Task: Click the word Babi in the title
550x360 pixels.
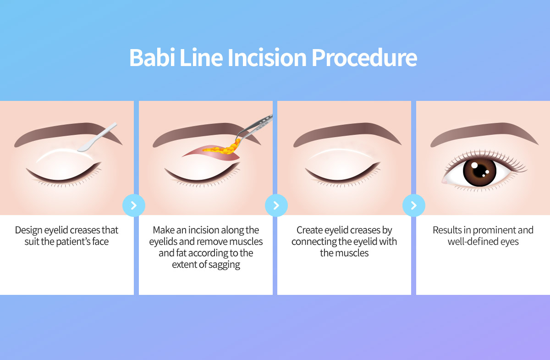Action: [x=152, y=57]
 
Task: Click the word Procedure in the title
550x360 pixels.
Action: [x=364, y=58]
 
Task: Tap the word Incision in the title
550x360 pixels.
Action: [x=267, y=57]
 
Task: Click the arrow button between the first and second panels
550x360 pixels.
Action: [x=134, y=205]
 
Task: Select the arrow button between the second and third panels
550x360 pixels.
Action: [x=276, y=205]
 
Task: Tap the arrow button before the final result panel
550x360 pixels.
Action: [x=414, y=205]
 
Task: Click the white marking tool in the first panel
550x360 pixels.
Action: [x=97, y=137]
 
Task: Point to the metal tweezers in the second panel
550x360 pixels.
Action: [x=253, y=128]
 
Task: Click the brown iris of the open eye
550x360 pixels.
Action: [x=479, y=172]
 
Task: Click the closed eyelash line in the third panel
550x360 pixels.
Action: [x=343, y=174]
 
